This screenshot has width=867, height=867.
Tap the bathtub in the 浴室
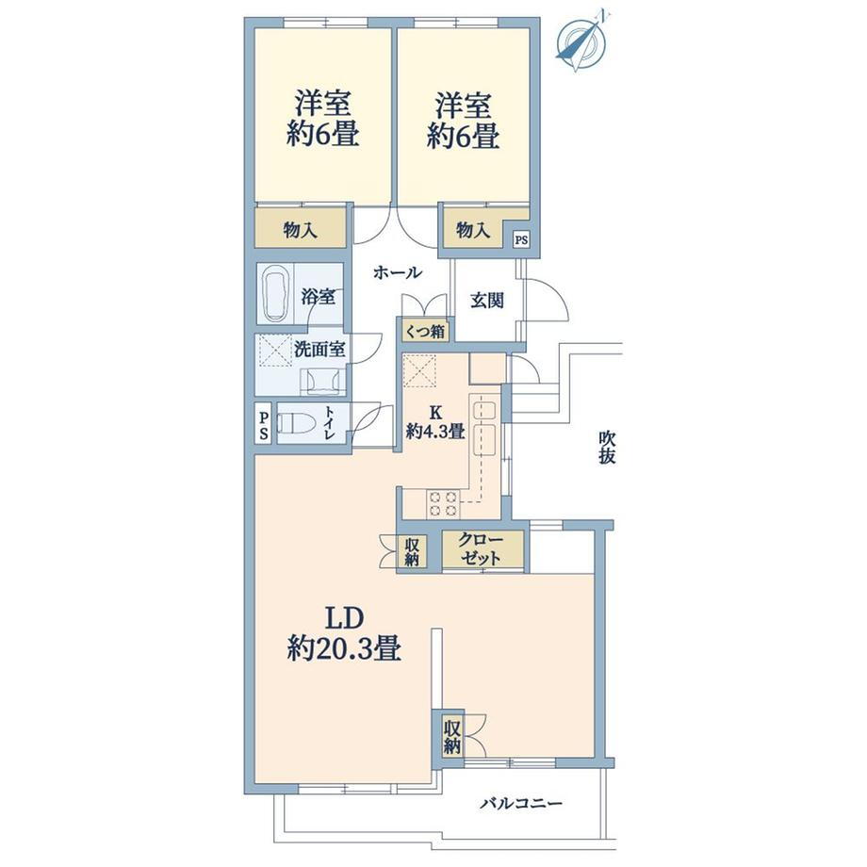[x=276, y=294]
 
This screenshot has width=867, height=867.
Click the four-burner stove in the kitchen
[x=442, y=503]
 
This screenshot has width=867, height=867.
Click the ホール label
[x=398, y=272]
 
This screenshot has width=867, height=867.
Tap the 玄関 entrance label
[x=487, y=301]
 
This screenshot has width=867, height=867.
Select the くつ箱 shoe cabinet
[x=425, y=331]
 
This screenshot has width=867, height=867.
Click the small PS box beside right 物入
[x=521, y=240]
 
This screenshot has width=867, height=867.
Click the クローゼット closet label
[x=482, y=549]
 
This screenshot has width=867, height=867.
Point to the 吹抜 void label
[x=607, y=448]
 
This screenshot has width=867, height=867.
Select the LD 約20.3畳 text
[x=344, y=633]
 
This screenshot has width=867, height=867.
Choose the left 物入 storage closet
[x=301, y=228]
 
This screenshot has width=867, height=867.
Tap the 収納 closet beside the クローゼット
[x=412, y=551]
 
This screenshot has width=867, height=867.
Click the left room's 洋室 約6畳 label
[x=322, y=119]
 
